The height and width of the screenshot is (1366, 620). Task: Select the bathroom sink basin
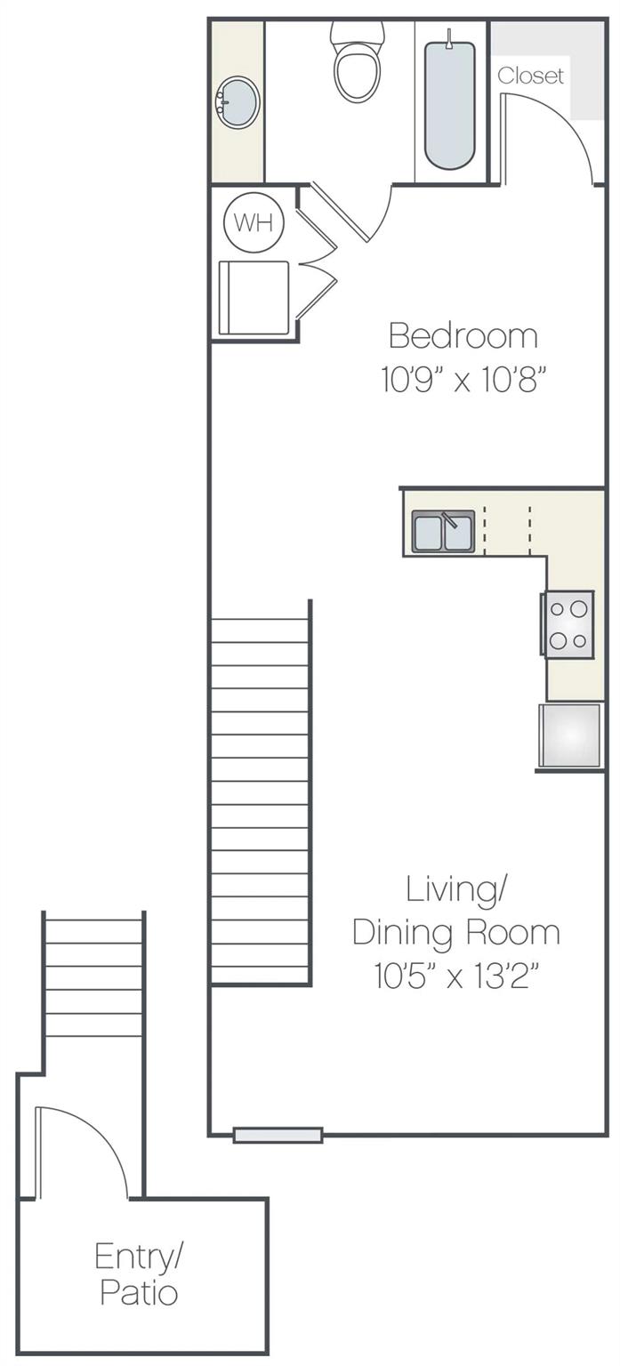(238, 103)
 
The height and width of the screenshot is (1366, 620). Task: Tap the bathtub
(449, 102)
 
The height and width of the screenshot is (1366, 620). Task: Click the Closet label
(530, 76)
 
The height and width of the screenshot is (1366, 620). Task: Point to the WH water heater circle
(254, 223)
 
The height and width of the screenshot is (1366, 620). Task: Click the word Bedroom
(463, 336)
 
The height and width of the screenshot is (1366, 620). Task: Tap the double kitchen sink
(443, 532)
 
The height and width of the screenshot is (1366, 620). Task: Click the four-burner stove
(568, 624)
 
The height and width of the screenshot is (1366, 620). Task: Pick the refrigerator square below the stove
(570, 735)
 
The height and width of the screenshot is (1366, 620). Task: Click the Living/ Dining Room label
(456, 910)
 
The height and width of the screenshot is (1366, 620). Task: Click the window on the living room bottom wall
(278, 1135)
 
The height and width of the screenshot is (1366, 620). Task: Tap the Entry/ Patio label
(138, 1274)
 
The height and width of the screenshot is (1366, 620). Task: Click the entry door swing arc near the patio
(89, 1147)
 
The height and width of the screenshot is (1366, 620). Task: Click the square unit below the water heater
(254, 297)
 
